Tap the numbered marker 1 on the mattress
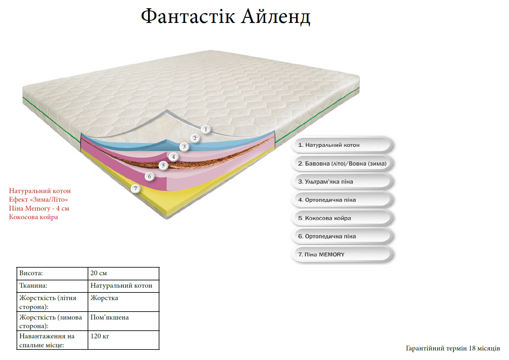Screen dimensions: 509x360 [x=206, y=129]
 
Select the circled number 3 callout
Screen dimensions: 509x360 [x=184, y=147]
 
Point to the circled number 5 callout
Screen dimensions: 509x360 [x=163, y=166]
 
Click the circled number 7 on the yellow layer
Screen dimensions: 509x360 [x=135, y=189]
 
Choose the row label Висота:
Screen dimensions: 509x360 [x=31, y=273]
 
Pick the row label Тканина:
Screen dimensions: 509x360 [x=33, y=285]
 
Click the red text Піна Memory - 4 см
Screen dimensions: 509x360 [x=39, y=208]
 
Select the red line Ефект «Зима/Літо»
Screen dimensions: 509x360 [x=38, y=199]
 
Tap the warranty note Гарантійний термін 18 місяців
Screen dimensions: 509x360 [x=453, y=348]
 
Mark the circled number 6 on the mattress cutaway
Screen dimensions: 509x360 [x=149, y=176]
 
